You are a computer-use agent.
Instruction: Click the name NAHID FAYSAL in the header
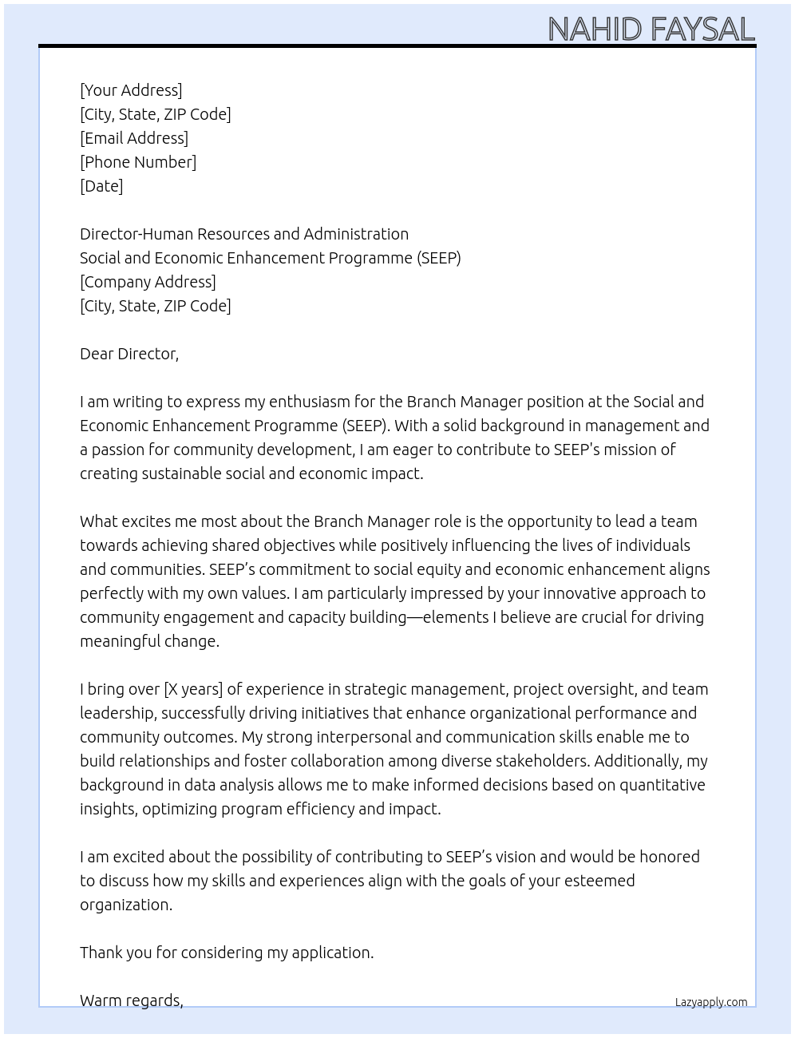pyautogui.click(x=651, y=30)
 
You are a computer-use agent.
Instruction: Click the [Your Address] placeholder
pyautogui.click(x=131, y=90)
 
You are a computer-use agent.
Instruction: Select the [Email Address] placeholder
pyautogui.click(x=134, y=138)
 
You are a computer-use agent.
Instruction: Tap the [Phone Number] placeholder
pyautogui.click(x=138, y=162)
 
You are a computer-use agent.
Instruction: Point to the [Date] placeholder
pyautogui.click(x=101, y=186)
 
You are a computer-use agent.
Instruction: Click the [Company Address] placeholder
pyautogui.click(x=148, y=282)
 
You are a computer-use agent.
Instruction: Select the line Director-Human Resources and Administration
pyautogui.click(x=244, y=234)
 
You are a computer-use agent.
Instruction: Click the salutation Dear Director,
pyautogui.click(x=129, y=354)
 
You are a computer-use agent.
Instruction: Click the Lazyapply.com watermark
pyautogui.click(x=711, y=1002)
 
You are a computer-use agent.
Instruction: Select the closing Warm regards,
pyautogui.click(x=132, y=1000)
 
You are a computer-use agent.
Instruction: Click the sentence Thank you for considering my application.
pyautogui.click(x=227, y=953)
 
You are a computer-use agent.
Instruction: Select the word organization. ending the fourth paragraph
pyautogui.click(x=126, y=905)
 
